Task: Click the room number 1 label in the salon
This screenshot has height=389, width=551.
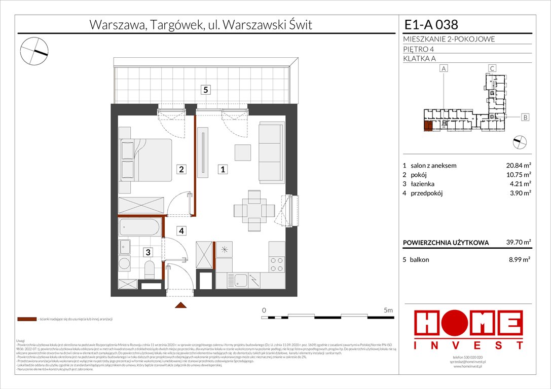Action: [x=222, y=170]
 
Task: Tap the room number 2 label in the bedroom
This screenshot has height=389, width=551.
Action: [x=181, y=170]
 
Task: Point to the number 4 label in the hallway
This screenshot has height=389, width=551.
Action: [x=181, y=231]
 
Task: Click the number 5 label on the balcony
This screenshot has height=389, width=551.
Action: [x=205, y=90]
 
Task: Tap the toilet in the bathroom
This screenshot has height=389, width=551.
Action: [x=150, y=269]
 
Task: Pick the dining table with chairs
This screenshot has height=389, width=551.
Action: [x=251, y=209]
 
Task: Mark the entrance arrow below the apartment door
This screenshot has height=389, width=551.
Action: [x=180, y=305]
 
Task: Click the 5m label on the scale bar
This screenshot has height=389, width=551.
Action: [x=388, y=309]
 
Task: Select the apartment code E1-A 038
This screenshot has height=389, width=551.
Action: [x=431, y=25]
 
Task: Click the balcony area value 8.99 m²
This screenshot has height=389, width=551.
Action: [x=520, y=260]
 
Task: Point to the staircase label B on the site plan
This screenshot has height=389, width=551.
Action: [x=525, y=118]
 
